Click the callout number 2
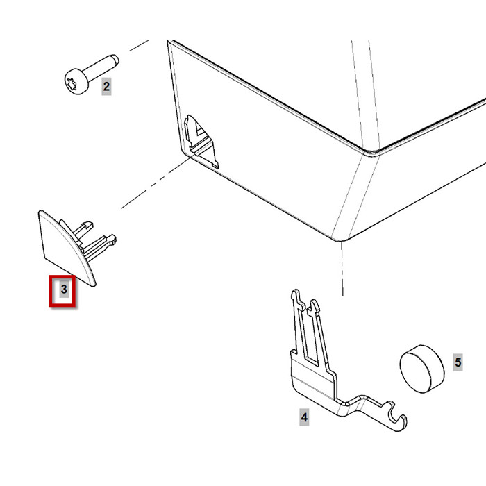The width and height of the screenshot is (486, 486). tap(106, 87)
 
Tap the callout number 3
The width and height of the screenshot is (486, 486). tap(64, 290)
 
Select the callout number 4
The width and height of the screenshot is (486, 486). tap(304, 417)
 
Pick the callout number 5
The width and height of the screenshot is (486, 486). tap(458, 362)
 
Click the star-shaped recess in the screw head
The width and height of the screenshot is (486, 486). tap(71, 84)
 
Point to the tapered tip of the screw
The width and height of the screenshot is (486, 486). tap(115, 59)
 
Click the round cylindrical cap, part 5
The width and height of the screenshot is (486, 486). tap(422, 369)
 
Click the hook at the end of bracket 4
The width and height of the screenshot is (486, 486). tap(397, 418)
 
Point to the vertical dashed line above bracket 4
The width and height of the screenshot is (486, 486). tap(342, 269)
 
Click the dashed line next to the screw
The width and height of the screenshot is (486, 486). tap(140, 45)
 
